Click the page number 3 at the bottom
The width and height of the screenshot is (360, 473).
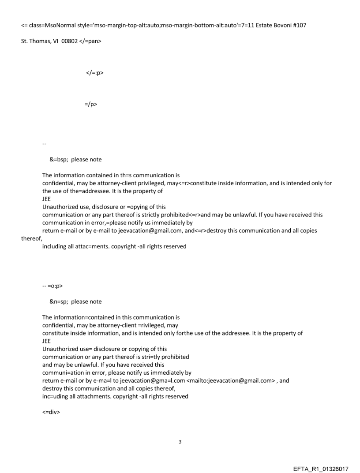point(180,442)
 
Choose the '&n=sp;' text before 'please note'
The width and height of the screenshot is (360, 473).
point(59,302)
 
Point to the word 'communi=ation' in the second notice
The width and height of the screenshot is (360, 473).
point(63,372)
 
